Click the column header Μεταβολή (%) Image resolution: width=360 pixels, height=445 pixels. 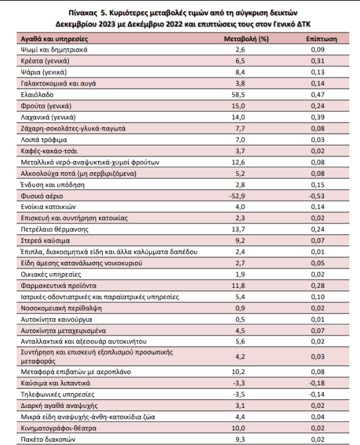point(246,39)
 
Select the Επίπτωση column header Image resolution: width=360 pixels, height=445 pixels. point(322,39)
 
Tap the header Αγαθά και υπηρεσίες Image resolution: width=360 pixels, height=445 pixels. point(54,39)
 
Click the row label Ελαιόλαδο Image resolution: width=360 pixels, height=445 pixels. point(37,95)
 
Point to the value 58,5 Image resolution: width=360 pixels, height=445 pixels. point(238,95)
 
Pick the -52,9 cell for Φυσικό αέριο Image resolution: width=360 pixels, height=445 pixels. point(237,196)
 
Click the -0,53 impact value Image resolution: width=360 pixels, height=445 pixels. point(317,196)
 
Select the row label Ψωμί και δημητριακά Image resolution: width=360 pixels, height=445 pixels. point(54,50)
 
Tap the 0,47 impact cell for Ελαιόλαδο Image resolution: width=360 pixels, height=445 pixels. point(318,95)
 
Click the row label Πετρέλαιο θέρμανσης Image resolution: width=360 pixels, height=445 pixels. point(54,229)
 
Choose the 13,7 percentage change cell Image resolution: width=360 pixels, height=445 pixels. point(238,229)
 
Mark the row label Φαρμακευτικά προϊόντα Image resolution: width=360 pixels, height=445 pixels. point(58,286)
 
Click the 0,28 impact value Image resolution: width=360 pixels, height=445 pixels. point(318,286)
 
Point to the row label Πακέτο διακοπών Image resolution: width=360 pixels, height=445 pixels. point(48,439)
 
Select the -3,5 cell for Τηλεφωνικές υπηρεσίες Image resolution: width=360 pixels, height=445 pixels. point(239,394)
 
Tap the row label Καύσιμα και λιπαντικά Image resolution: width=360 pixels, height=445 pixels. point(55,383)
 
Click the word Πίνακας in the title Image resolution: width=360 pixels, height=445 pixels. point(82,13)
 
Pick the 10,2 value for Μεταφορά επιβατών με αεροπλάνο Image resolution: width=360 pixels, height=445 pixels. point(238,372)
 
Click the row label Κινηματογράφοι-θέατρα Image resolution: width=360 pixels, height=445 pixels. point(58,428)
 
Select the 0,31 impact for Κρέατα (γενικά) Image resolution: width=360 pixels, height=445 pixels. point(318,61)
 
